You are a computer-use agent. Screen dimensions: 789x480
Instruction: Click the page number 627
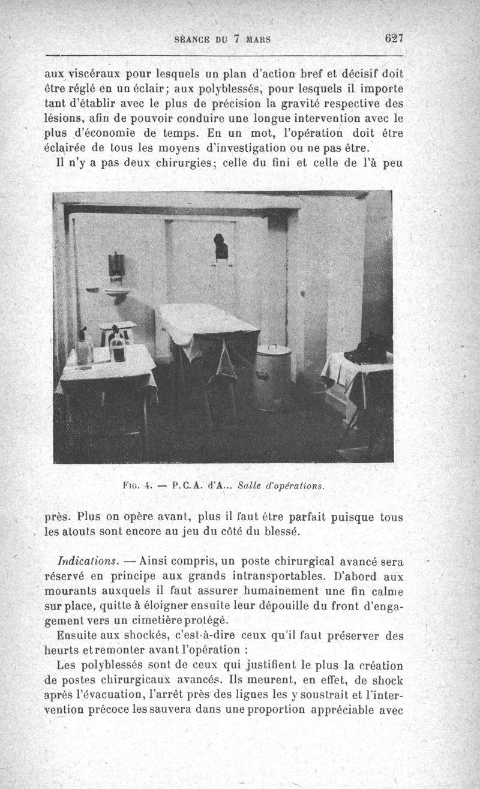(x=394, y=38)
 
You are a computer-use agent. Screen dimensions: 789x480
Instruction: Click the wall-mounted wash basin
(x=116, y=293)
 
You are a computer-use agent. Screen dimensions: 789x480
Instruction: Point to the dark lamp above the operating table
(x=221, y=246)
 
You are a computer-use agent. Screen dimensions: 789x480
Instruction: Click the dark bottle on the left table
(x=119, y=347)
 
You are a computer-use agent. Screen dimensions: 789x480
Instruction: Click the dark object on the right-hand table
(x=367, y=349)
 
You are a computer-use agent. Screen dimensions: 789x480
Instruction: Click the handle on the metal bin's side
(x=262, y=375)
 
